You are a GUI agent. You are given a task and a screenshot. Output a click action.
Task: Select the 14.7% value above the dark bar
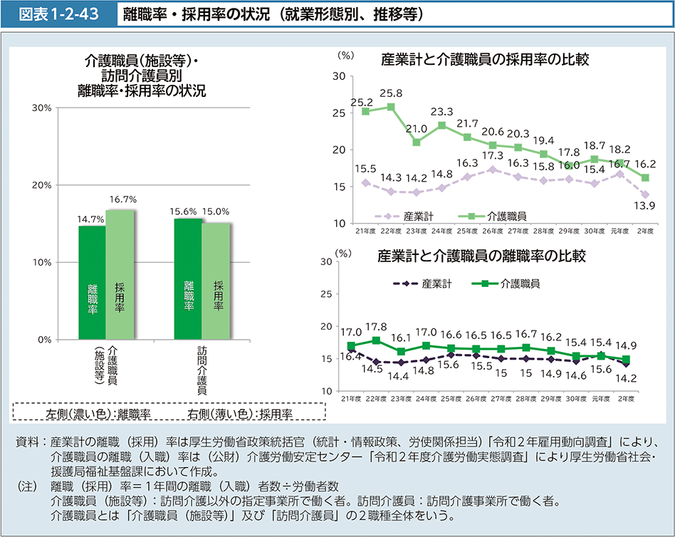pos(90,219)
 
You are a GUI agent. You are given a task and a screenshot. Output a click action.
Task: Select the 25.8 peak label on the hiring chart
pos(391,93)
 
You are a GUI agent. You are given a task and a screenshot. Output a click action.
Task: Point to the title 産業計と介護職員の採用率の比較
pos(485,59)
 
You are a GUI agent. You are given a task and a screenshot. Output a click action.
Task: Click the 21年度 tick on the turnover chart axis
pos(352,398)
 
